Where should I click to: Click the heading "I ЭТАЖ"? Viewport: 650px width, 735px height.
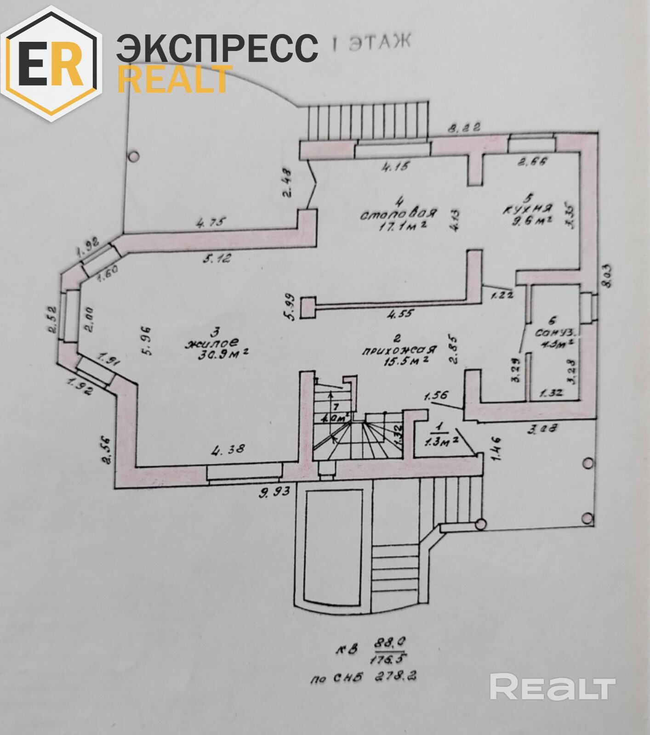[371, 43]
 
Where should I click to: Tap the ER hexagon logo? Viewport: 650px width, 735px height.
[51, 64]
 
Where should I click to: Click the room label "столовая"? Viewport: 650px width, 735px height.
[398, 214]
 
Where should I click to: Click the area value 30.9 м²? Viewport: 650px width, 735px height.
[217, 354]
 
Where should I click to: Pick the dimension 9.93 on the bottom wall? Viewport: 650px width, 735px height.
[274, 492]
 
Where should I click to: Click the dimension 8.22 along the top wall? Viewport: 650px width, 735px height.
[464, 127]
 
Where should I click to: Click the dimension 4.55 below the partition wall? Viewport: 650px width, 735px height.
[400, 314]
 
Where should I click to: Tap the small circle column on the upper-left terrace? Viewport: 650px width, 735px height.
[133, 157]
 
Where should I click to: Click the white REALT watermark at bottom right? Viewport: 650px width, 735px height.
[552, 688]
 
